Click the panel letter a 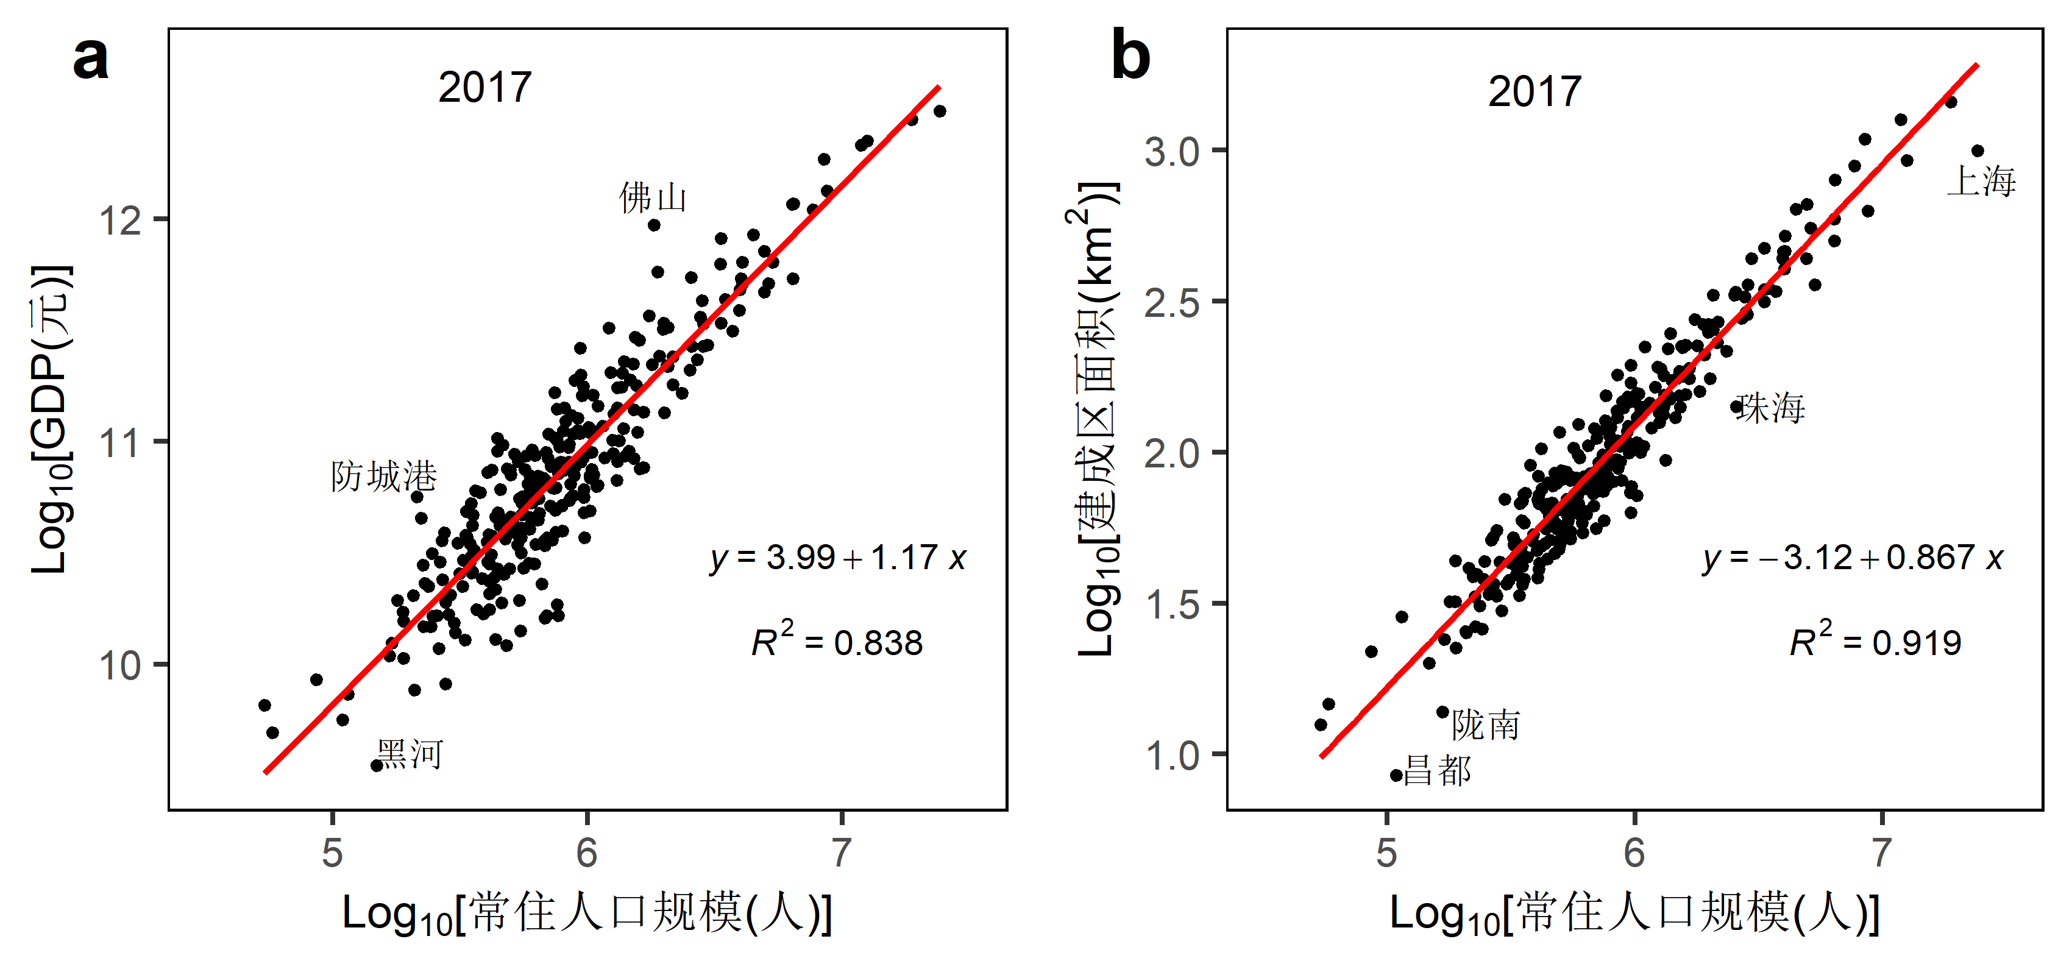[90, 58]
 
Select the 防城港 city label [384, 477]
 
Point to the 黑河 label [410, 754]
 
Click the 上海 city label [1981, 181]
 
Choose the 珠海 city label [1770, 408]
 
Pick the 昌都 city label [1438, 771]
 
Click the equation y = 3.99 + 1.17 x [837, 558]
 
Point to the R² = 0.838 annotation [837, 641]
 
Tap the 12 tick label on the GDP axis [121, 219]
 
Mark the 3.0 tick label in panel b [1172, 151]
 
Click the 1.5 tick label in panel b [1172, 604]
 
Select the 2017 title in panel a [485, 88]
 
